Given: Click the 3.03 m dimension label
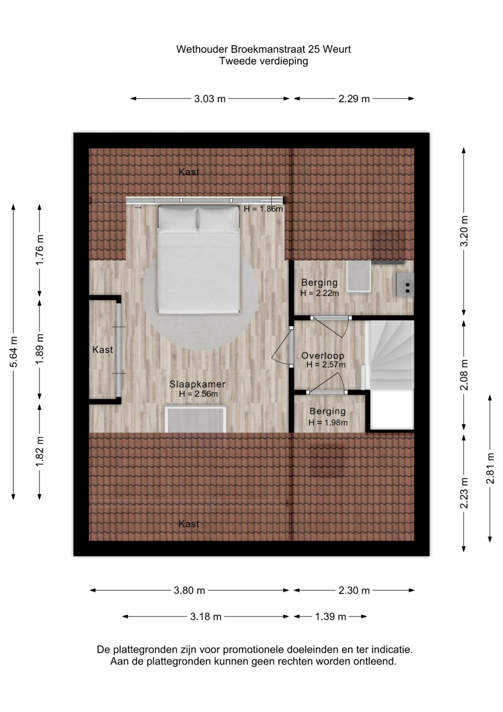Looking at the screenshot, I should (x=209, y=99).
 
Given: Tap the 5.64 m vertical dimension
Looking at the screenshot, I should (x=14, y=351).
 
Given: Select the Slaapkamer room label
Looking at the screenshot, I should (x=197, y=384).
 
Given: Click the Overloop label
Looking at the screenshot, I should (x=323, y=356).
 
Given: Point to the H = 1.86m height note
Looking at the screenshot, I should (x=263, y=209).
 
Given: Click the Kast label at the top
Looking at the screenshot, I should (x=189, y=172).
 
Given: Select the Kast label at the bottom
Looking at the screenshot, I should (x=189, y=524).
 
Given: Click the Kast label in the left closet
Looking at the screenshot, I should (x=103, y=350).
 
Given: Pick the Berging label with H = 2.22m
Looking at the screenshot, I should (x=319, y=282).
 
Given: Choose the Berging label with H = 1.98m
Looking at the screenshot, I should (x=328, y=411).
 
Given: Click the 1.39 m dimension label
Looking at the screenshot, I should (x=330, y=617).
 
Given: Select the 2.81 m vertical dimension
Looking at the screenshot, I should (x=490, y=468).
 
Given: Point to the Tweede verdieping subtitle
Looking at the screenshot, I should (x=263, y=61).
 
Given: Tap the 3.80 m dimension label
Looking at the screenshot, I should (x=189, y=590).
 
